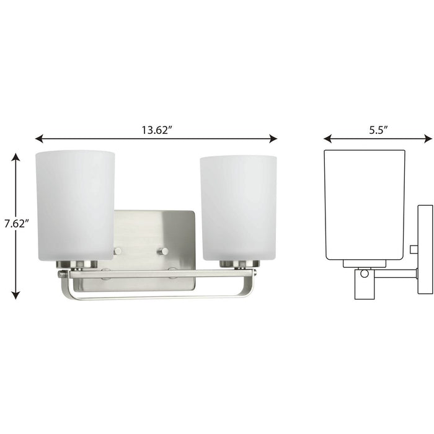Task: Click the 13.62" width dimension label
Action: click(155, 130)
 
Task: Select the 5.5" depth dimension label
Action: click(377, 130)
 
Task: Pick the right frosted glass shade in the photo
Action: click(238, 206)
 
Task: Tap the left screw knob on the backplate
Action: click(117, 251)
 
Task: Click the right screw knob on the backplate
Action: click(164, 251)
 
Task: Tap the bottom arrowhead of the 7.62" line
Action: click(15, 296)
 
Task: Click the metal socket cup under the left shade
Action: click(77, 264)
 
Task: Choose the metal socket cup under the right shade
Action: click(239, 264)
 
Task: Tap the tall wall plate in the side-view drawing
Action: click(425, 248)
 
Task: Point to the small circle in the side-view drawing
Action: click(364, 273)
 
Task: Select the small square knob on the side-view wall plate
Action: click(414, 249)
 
